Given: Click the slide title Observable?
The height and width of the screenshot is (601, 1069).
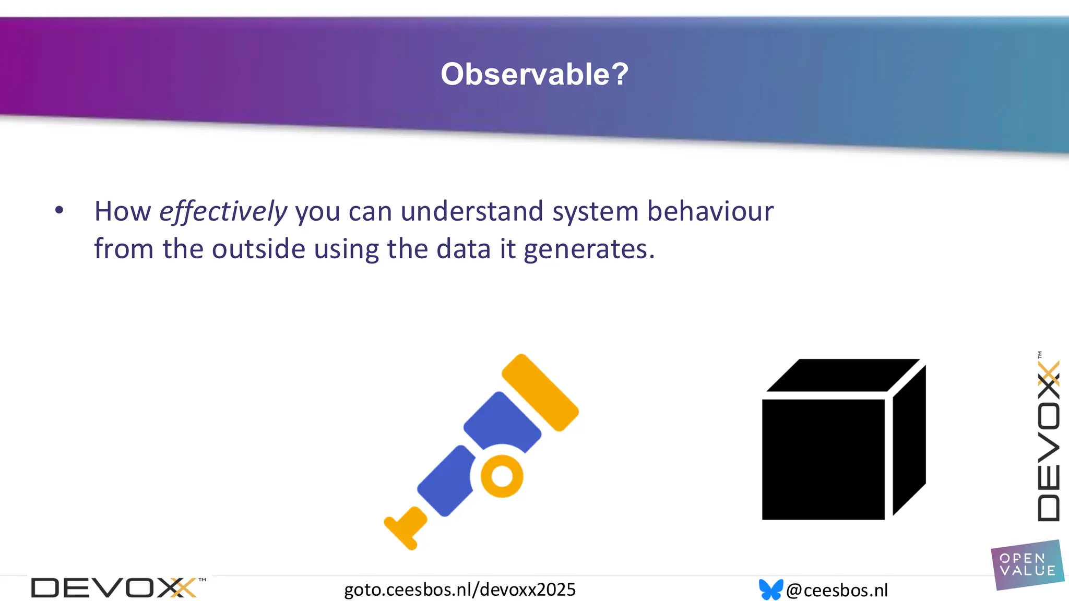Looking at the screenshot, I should (534, 74).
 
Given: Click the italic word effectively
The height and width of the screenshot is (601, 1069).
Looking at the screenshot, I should (223, 212).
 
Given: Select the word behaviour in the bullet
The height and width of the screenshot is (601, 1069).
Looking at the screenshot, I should (710, 211).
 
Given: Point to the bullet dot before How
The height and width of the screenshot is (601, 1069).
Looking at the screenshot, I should (59, 210).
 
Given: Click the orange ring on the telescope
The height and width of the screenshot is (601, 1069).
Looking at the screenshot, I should (502, 476).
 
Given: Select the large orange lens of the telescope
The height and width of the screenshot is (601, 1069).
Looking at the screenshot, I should (540, 392).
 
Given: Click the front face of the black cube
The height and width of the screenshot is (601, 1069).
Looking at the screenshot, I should (823, 459).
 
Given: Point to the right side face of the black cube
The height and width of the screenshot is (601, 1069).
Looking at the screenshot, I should (909, 438).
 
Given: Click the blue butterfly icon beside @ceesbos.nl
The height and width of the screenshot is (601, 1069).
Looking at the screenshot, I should (770, 590).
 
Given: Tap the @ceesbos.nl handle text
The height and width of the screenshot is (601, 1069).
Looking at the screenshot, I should (837, 590).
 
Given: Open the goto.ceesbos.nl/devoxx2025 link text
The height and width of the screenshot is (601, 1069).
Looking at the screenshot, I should (459, 590).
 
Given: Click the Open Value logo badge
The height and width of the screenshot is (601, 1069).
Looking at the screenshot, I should (1027, 565).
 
